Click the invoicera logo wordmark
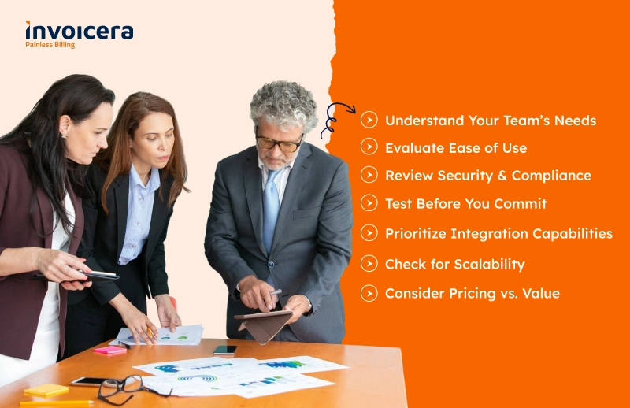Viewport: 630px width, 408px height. [80, 31]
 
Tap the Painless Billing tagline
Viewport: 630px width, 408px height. [50, 45]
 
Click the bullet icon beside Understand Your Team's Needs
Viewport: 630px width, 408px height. [369, 120]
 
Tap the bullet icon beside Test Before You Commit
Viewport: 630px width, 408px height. [369, 203]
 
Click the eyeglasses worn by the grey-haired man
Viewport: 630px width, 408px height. [279, 143]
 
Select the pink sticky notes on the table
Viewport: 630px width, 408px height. [110, 351]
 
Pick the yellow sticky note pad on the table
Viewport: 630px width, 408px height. [46, 390]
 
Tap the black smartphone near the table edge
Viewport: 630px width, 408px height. [225, 350]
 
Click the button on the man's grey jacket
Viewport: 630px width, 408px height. [271, 264]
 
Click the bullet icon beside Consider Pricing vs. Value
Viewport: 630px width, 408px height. [369, 293]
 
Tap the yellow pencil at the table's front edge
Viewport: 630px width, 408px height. [57, 402]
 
